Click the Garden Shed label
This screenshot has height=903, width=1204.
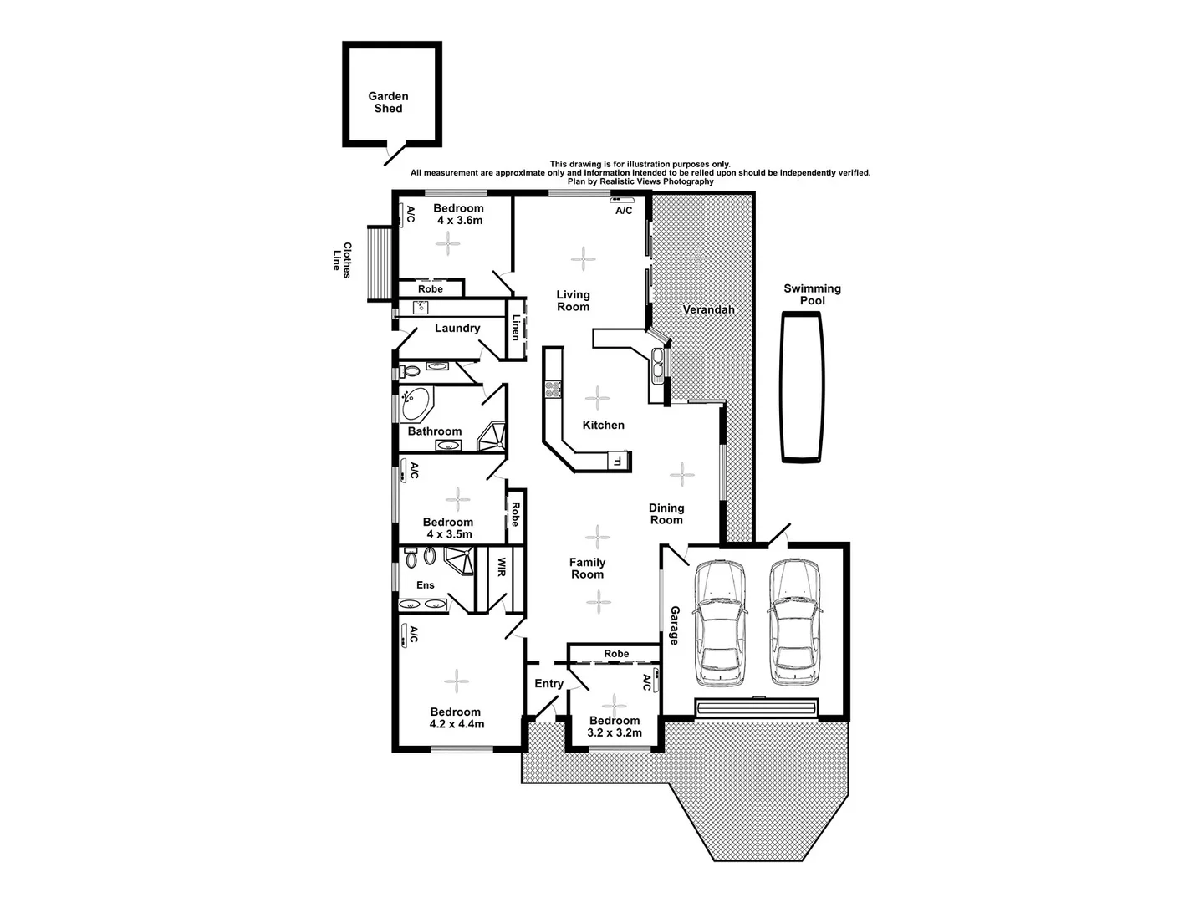pos(388,102)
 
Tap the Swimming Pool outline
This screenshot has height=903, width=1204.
pos(802,388)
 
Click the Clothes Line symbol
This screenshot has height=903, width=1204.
pos(379,264)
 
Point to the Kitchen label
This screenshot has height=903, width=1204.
pos(603,425)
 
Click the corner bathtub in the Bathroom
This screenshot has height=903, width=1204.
pos(415,405)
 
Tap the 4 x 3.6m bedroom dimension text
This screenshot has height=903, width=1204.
pos(459,220)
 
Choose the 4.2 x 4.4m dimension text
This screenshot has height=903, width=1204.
pos(457,724)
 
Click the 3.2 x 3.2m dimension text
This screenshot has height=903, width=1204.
pos(615,732)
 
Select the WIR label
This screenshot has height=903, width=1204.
pos(501,568)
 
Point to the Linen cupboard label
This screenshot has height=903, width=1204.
pos(516,327)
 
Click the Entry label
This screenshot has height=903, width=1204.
pos(548,683)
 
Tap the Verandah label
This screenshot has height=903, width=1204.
pos(708,309)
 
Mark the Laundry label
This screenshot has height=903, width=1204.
pos(457,328)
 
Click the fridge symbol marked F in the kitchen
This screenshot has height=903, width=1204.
pos(618,460)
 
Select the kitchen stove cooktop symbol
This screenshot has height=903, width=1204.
pos(552,388)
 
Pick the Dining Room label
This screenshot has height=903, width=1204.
pos(666,513)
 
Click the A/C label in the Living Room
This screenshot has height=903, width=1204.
pos(624,211)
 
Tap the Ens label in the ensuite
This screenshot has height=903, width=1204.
pos(425,584)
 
